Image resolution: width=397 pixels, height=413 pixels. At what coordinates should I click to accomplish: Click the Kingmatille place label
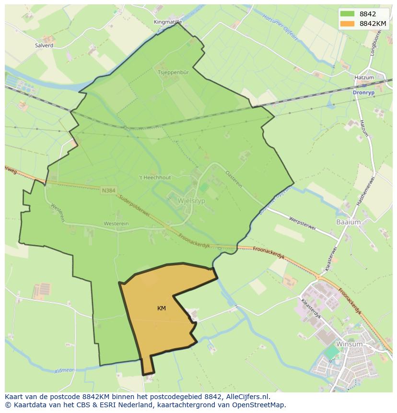pyautogui.click(x=168, y=22)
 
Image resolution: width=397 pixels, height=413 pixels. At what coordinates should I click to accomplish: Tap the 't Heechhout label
pyautogui.click(x=154, y=177)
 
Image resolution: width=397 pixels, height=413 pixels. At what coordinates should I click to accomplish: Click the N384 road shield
pyautogui.click(x=108, y=190)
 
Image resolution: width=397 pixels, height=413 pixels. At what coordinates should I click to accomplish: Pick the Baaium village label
pyautogui.click(x=348, y=222)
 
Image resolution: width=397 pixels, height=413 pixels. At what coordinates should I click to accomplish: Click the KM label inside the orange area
pyautogui.click(x=162, y=308)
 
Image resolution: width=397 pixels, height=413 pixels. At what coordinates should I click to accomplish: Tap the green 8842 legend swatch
pyautogui.click(x=348, y=14)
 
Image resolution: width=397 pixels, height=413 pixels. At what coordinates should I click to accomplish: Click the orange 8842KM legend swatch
pyautogui.click(x=348, y=24)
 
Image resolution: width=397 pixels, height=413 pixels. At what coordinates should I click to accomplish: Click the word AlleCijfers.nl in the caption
pyautogui.click(x=247, y=397)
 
